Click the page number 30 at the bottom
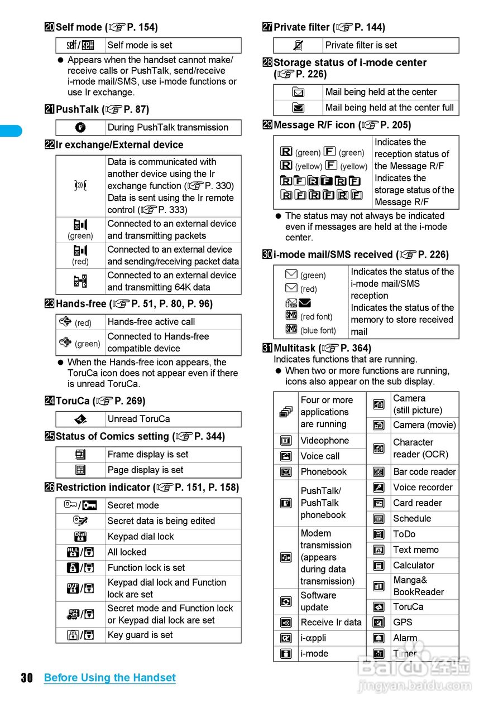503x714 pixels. point(27,678)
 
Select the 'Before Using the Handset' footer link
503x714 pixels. point(109,678)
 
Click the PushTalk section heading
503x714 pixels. point(102,109)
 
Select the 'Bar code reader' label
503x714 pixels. point(424,472)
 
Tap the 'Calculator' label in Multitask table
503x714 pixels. point(413,565)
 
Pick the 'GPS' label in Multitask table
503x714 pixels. point(403,622)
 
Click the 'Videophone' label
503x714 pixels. point(324,441)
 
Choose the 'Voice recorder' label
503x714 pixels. point(423,488)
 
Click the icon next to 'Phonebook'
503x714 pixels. point(286,472)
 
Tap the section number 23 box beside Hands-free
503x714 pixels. point(50,304)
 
